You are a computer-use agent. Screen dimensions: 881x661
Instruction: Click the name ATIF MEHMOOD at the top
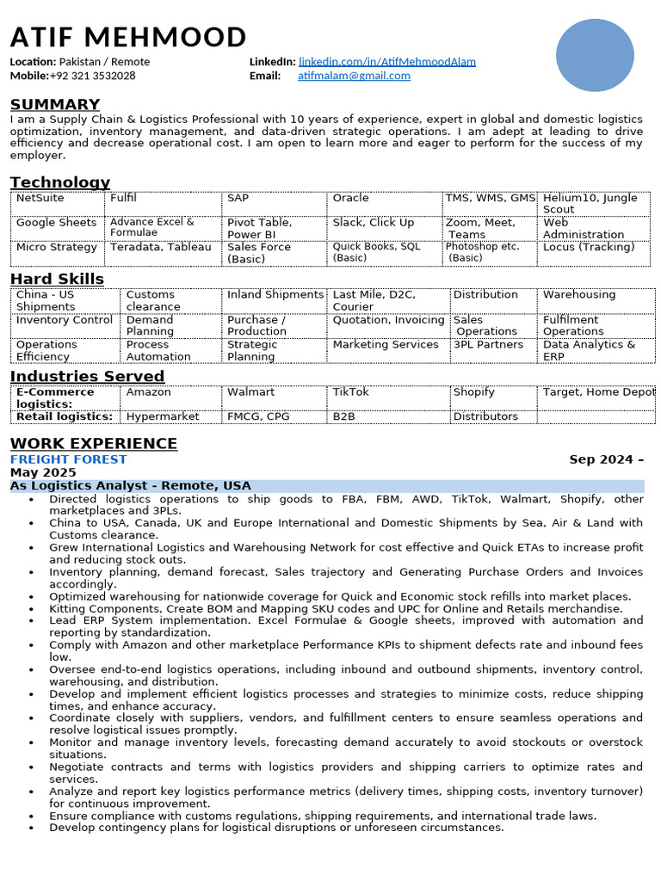[128, 38]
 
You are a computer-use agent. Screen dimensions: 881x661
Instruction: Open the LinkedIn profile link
[386, 62]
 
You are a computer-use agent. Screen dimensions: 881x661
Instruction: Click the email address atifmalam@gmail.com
[354, 76]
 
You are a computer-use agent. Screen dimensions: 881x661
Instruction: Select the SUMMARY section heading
[55, 105]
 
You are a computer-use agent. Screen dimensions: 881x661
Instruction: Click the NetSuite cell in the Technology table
[40, 198]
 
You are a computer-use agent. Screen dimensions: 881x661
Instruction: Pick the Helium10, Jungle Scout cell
[590, 203]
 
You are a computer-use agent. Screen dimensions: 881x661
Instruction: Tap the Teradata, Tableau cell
[160, 247]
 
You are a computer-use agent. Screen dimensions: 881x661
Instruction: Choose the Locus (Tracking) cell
[588, 247]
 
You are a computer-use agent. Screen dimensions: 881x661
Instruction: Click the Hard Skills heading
[57, 279]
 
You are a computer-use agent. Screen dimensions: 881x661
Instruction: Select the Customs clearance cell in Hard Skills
[153, 300]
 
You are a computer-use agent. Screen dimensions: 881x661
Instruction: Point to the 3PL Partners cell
[488, 344]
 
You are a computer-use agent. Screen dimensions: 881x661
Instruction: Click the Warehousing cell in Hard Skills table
[579, 294]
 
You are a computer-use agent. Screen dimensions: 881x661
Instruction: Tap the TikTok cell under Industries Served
[350, 391]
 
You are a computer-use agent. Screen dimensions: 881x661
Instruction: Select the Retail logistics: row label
[65, 416]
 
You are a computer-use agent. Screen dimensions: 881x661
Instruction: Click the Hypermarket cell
[162, 416]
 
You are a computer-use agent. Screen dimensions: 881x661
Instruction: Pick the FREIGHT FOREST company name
[68, 459]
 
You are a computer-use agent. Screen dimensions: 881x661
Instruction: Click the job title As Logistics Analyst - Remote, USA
[130, 486]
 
